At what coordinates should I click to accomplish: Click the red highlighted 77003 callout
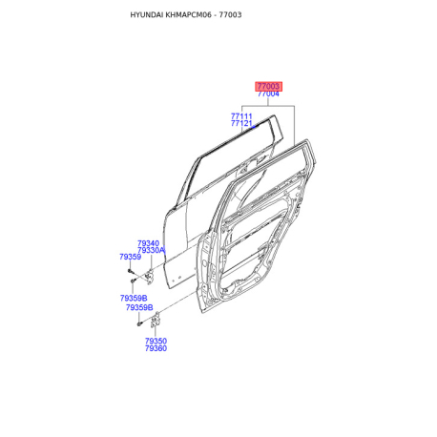pos(268,86)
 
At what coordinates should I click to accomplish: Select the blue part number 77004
pos(268,94)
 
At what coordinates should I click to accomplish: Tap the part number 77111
pos(241,116)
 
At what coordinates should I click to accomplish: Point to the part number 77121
pos(241,123)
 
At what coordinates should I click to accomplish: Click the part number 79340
pos(148,243)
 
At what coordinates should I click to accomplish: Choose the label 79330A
pos(151,250)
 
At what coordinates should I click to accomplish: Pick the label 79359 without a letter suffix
pos(131,257)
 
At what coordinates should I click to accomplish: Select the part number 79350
pos(156,341)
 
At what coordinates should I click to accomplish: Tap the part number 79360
pos(156,348)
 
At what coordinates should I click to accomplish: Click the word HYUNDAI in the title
pos(147,15)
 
